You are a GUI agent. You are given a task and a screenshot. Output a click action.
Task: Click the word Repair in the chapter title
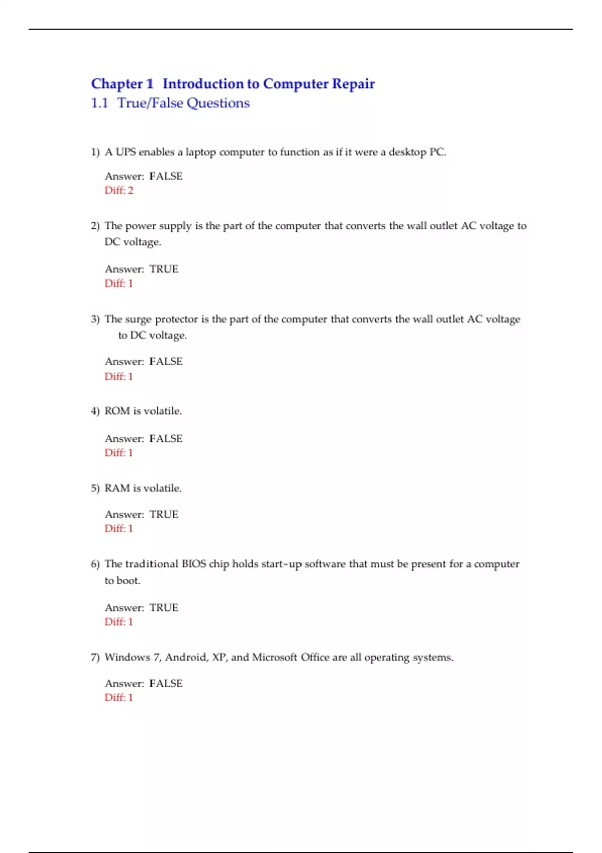[353, 84]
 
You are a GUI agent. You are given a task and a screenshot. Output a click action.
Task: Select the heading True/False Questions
[183, 103]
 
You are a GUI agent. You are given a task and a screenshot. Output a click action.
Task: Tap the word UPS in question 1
[126, 152]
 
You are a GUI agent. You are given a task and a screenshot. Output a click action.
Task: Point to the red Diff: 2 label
[119, 190]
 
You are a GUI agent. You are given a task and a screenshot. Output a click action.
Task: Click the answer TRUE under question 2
[164, 269]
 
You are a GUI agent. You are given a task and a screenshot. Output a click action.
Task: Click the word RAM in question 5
[117, 488]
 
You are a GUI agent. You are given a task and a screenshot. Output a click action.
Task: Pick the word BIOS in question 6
[194, 564]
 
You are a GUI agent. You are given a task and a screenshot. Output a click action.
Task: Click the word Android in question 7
[186, 657]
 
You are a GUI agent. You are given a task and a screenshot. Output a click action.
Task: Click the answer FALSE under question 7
[166, 683]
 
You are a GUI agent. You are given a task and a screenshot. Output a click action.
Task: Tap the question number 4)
[95, 411]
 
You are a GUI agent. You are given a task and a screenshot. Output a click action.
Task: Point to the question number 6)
[95, 564]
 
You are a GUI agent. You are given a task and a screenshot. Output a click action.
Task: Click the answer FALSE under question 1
[166, 176]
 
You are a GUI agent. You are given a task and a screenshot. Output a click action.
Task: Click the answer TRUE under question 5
[164, 514]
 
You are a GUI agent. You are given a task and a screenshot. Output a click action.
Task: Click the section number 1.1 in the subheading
[99, 103]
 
